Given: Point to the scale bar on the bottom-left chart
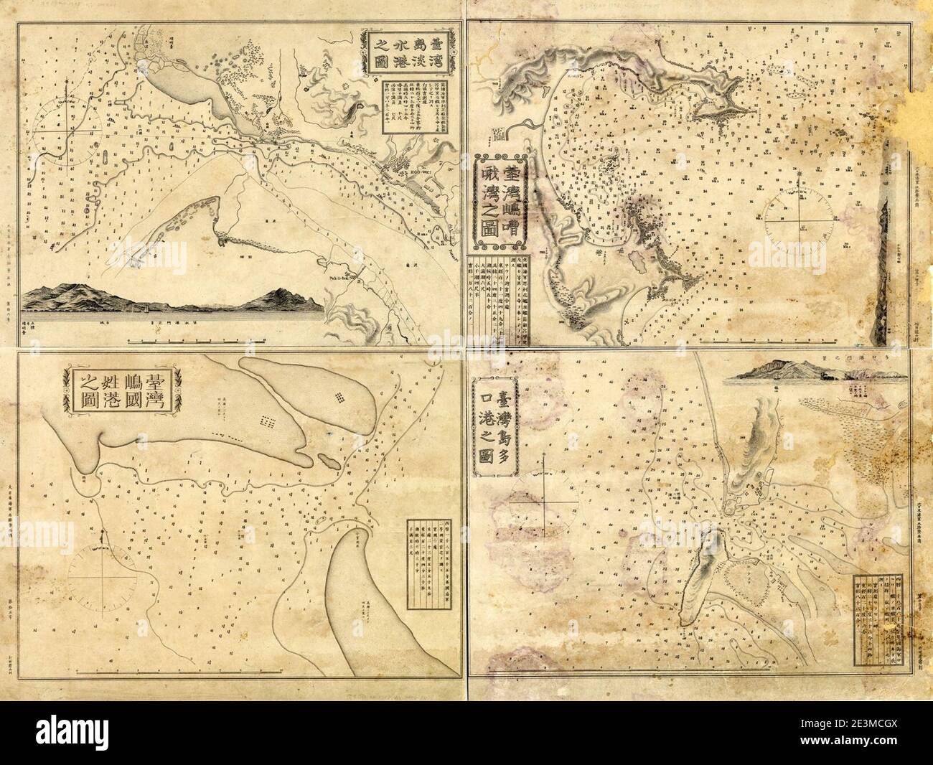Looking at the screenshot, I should (215, 669).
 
